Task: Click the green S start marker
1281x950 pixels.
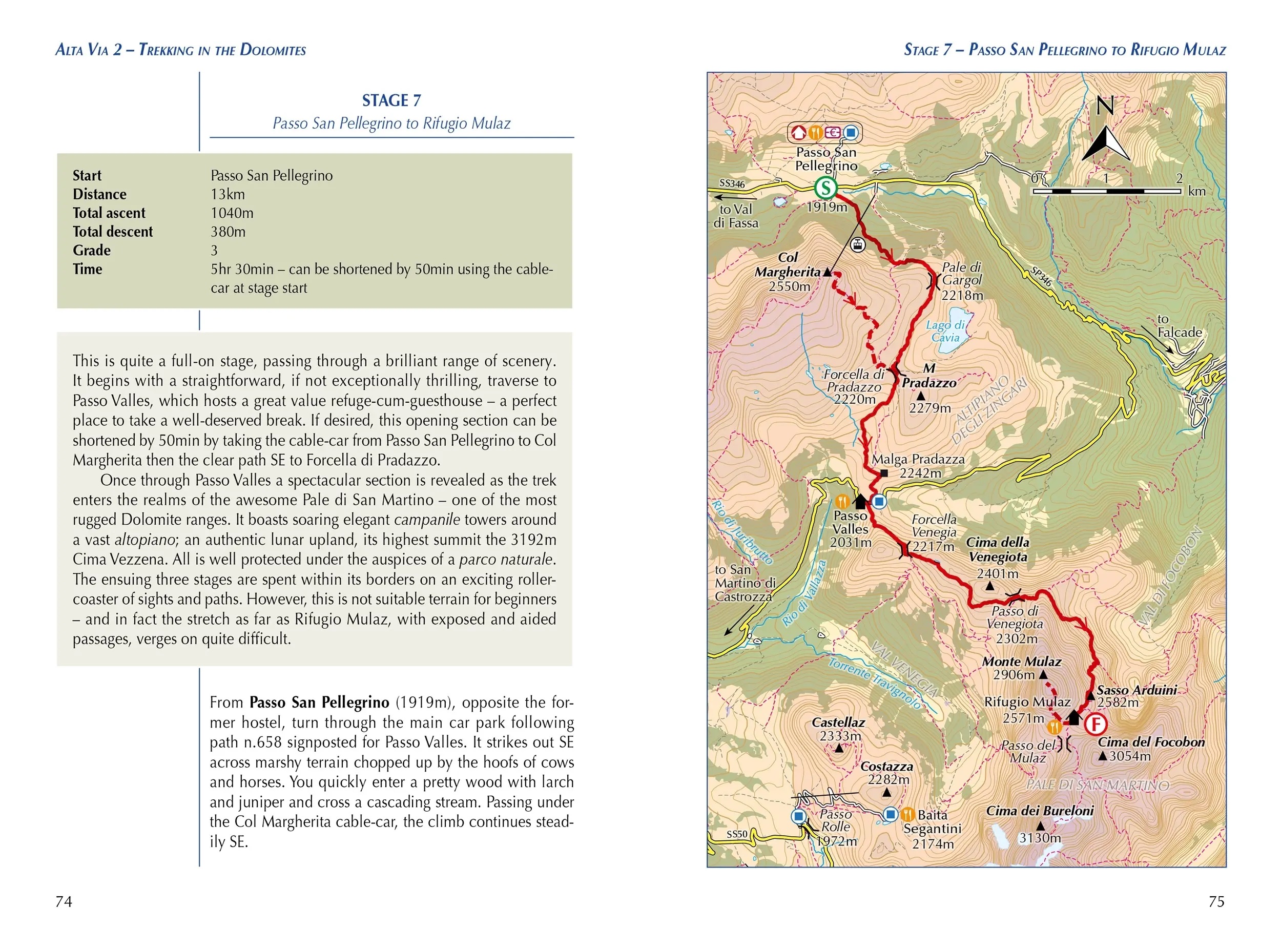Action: point(825,188)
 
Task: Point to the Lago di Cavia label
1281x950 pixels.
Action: point(945,331)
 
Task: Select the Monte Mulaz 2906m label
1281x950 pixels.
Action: point(1021,668)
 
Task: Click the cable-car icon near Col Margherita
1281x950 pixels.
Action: point(857,245)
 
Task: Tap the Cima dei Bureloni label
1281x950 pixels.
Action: point(1040,811)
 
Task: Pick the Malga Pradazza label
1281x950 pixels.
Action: point(918,460)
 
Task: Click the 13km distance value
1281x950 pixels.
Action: point(228,194)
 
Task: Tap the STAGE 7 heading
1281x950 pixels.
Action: point(391,100)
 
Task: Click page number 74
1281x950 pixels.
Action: point(64,901)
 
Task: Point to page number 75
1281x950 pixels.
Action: point(1216,901)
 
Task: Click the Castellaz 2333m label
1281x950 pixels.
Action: point(839,729)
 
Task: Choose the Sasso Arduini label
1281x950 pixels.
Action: point(1136,690)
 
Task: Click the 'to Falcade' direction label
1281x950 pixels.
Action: point(1179,325)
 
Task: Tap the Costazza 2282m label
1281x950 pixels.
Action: point(886,773)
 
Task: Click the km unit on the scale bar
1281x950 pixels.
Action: point(1196,192)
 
